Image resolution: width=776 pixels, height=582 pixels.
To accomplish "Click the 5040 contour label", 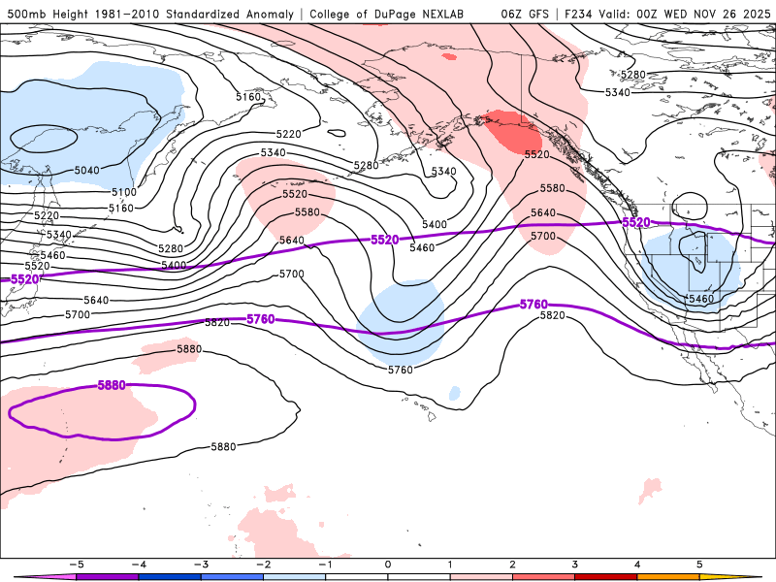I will tap(86, 171).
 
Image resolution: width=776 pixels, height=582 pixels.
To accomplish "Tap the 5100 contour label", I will tap(123, 192).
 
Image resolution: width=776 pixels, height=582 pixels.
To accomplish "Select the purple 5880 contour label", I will tap(113, 385).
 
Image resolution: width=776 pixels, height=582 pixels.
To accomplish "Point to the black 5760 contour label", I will tap(400, 370).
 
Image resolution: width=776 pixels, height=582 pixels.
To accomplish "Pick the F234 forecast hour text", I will tap(588, 14).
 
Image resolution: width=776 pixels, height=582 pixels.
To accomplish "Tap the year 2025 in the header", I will tap(753, 14).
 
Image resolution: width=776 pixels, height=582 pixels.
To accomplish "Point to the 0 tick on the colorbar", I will tap(388, 564).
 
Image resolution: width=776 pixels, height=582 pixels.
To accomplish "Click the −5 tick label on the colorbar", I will tap(75, 564).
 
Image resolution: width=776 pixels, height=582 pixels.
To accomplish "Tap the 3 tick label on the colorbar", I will tap(575, 564).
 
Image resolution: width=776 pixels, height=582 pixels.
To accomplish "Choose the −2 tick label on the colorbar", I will tap(262, 564).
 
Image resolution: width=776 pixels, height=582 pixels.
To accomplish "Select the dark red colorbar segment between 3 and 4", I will tap(606, 576).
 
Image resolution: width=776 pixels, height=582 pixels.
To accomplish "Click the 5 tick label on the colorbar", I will tap(699, 564).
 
